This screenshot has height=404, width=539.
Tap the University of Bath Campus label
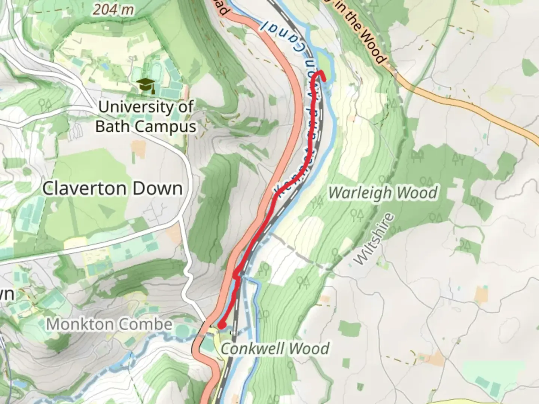tap(146, 117)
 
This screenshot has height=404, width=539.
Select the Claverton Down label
tap(112, 188)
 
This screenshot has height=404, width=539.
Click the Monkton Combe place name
tap(109, 324)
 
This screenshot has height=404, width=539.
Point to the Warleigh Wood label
tap(383, 193)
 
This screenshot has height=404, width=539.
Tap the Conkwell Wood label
tap(275, 349)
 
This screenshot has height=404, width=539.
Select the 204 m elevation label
tap(113, 9)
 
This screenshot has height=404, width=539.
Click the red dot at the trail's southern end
tap(222, 326)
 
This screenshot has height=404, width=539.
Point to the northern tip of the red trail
tap(321, 72)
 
